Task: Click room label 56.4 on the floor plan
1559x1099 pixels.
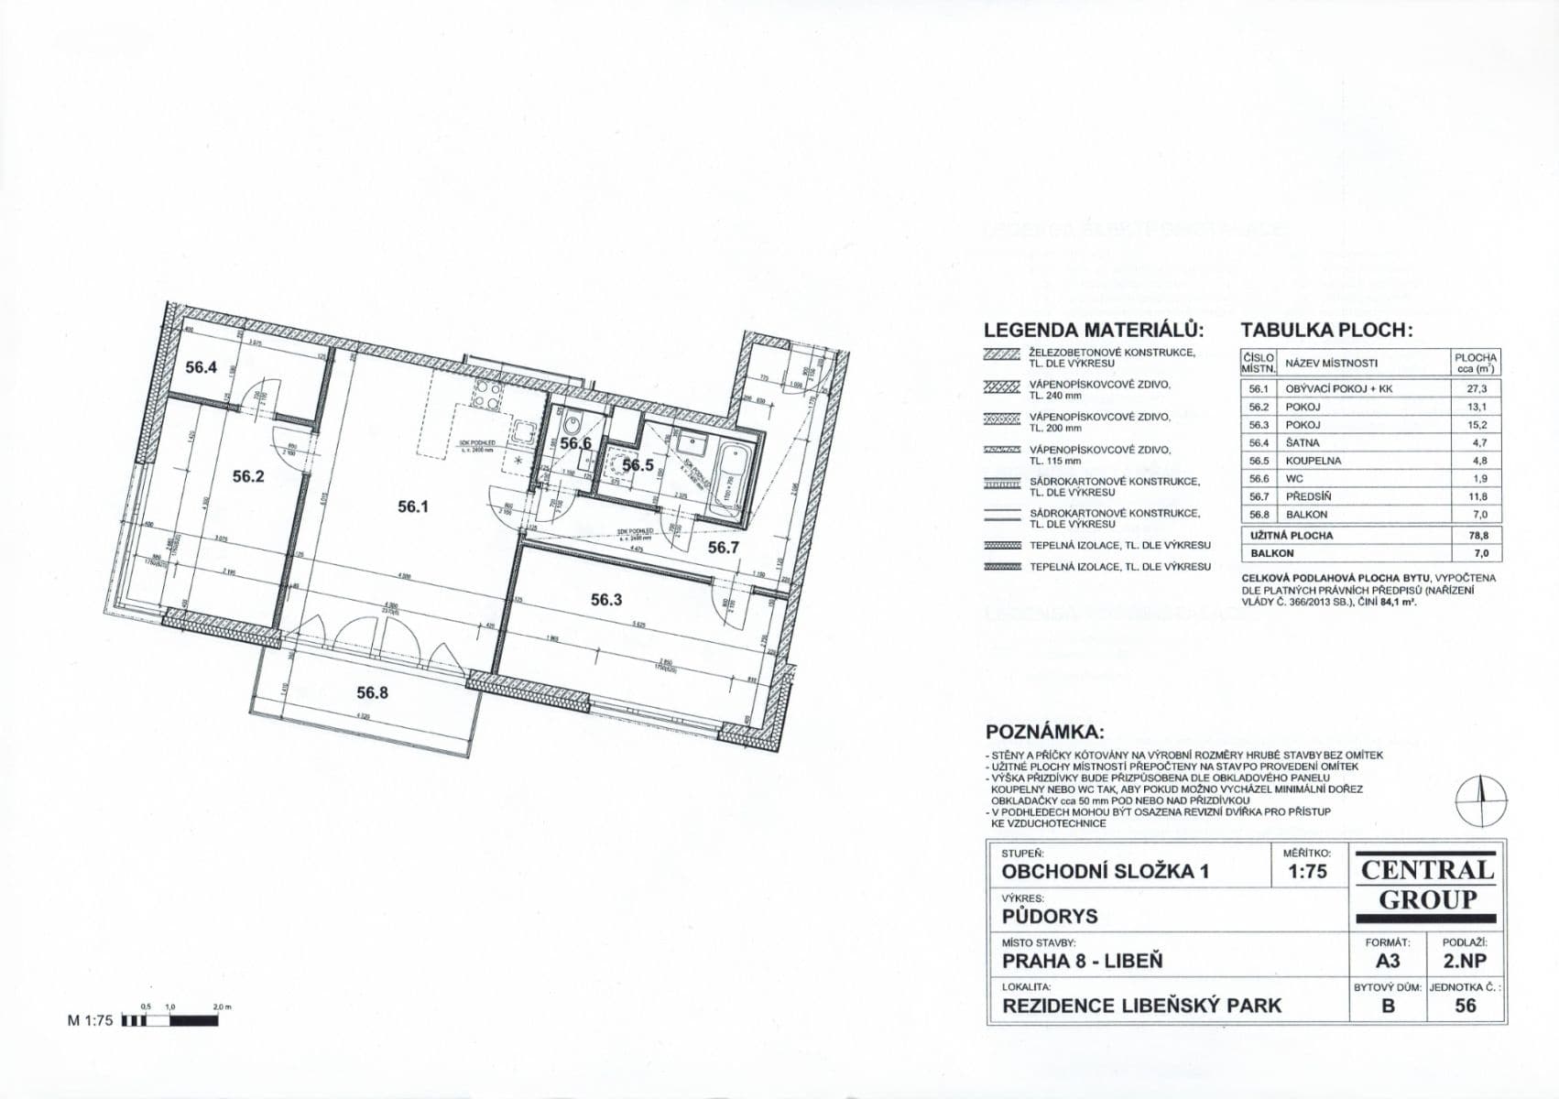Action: [x=202, y=368]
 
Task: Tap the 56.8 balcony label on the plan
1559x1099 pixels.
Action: [x=373, y=693]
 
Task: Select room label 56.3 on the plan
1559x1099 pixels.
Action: [x=606, y=600]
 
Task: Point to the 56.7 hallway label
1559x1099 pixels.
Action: [x=723, y=548]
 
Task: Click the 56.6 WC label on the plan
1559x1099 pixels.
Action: [x=576, y=444]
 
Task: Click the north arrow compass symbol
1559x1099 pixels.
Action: [x=1480, y=799]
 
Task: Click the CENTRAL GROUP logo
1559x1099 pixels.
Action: [x=1427, y=885]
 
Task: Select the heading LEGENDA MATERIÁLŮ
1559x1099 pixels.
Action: [x=1094, y=331]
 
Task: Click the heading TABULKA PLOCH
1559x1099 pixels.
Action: [x=1327, y=331]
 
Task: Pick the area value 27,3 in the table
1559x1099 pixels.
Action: [x=1477, y=388]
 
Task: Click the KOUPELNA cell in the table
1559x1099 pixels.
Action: [x=1314, y=461]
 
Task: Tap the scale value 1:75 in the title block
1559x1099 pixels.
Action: [x=1307, y=871]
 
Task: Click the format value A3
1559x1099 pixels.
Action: [x=1388, y=961]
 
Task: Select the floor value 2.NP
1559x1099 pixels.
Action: [x=1465, y=961]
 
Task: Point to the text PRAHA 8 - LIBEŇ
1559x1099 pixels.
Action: [x=1082, y=962]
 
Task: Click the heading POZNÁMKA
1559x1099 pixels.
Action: [x=1044, y=733]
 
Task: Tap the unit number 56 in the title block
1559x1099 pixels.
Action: [x=1466, y=1006]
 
